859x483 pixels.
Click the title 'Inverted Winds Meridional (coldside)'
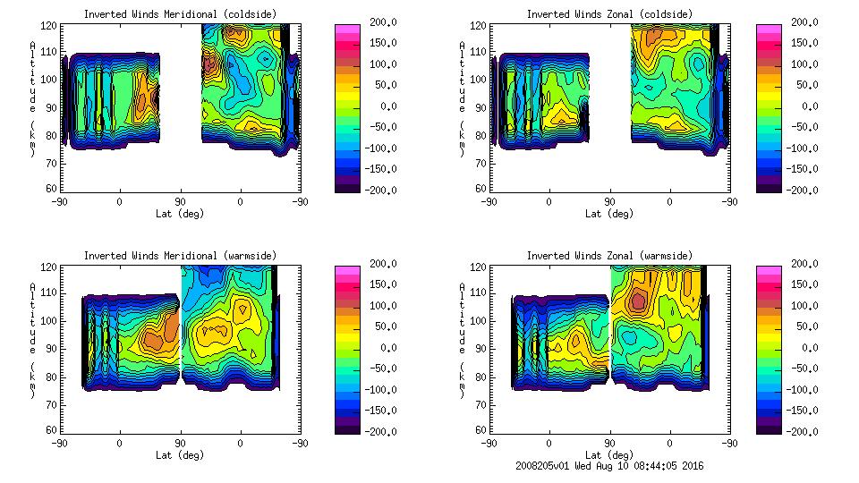180,14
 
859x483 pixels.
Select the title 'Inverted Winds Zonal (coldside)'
608,14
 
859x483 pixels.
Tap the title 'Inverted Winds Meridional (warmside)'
180,256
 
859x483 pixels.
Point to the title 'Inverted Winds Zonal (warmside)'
608,256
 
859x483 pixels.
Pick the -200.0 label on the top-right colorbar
799,190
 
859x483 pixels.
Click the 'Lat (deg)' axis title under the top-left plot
180,214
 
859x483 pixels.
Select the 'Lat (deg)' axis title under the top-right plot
608,214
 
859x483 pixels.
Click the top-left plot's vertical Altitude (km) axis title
32,98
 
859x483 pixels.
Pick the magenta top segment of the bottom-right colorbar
768,269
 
